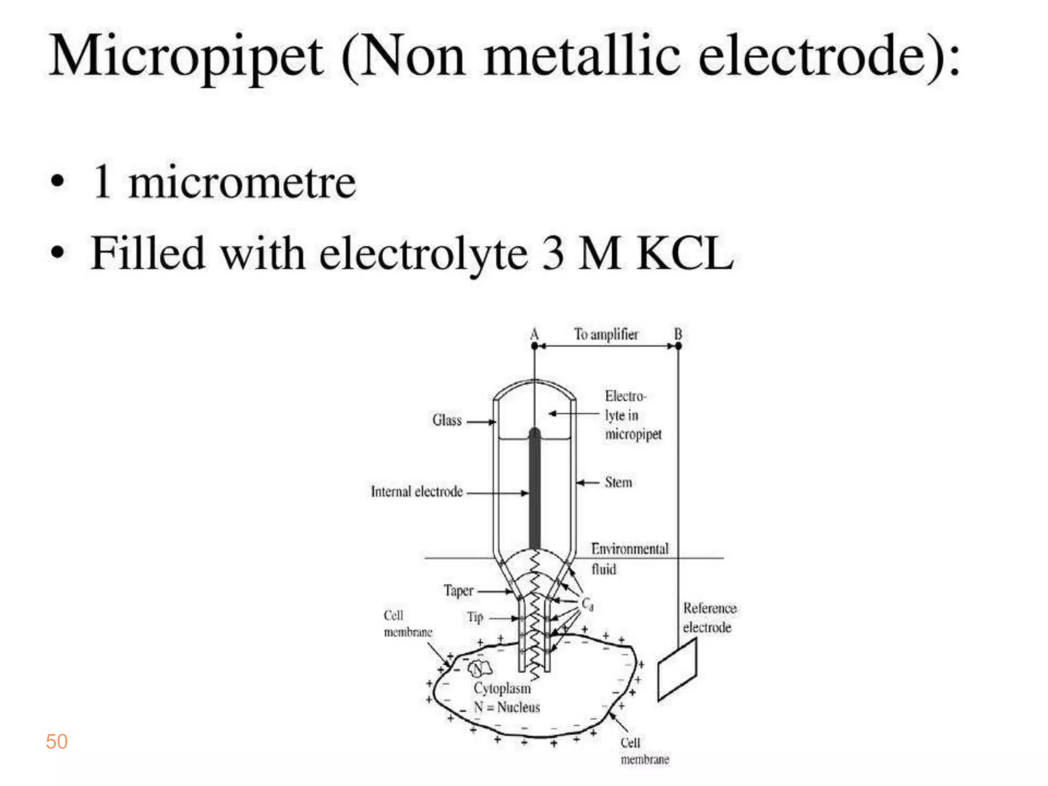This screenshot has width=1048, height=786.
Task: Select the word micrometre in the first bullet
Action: click(x=242, y=183)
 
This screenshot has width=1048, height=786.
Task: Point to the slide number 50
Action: click(x=56, y=741)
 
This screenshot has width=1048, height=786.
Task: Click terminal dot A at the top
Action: click(x=534, y=346)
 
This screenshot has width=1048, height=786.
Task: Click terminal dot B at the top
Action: click(x=679, y=346)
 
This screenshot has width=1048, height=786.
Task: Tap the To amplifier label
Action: click(x=606, y=334)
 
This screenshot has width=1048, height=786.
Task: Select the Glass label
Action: click(x=447, y=420)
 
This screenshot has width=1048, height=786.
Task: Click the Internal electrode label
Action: click(x=417, y=492)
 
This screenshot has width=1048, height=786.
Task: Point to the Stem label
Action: click(x=618, y=483)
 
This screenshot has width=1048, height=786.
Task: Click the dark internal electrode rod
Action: click(x=534, y=491)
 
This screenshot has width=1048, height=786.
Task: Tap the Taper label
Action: click(x=458, y=591)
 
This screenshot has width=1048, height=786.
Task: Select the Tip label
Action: click(x=475, y=618)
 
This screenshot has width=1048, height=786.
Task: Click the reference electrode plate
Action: click(x=677, y=670)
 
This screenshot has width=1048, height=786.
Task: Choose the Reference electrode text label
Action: click(x=709, y=618)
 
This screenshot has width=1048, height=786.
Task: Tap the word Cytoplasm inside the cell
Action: click(x=502, y=688)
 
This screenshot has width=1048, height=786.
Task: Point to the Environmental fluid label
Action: click(x=629, y=558)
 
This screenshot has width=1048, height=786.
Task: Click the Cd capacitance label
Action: click(x=587, y=604)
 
